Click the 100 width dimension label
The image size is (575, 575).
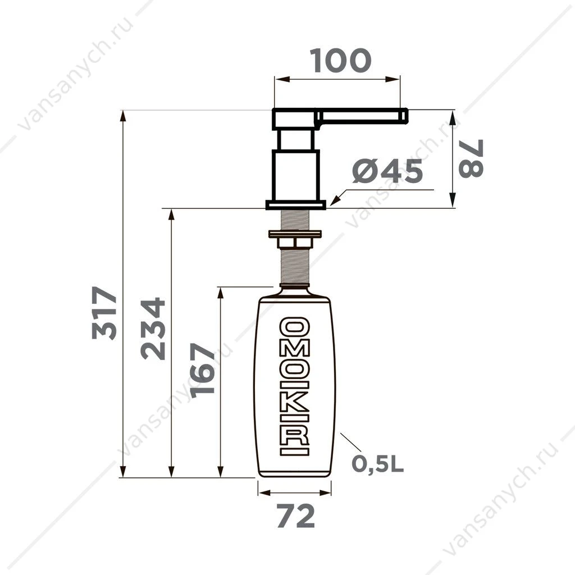point(340,61)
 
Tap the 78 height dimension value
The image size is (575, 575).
point(471,158)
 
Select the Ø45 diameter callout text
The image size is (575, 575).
point(387,171)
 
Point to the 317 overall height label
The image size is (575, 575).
point(104,313)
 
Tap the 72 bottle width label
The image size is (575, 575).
point(295,516)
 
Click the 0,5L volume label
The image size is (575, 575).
point(378,464)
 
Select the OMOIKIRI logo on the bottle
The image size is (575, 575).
point(294,386)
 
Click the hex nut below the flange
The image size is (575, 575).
point(295,243)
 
